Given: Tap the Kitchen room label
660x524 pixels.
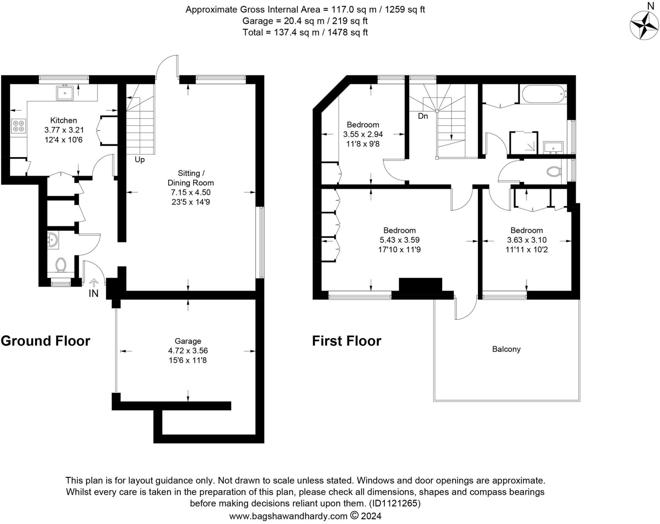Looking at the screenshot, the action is point(63,120).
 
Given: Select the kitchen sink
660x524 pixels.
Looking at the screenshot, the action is point(65,93).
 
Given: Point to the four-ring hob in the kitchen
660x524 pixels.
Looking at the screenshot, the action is point(18,126).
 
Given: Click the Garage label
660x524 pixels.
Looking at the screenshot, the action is point(188,341).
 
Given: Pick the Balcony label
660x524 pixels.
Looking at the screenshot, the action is point(506,349).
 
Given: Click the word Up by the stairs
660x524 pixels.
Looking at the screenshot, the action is point(140,160).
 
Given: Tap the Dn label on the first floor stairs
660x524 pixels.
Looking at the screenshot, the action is point(423,116).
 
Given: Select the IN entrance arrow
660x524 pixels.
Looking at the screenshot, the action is point(94,283).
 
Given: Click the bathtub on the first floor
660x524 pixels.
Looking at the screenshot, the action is point(544,94).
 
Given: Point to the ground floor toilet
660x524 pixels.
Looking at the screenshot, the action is point(61,265).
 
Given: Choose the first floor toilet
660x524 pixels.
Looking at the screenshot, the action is point(554,171).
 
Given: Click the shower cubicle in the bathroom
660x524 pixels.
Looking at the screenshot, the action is point(524,142).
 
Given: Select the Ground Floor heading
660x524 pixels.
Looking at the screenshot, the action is point(45,341).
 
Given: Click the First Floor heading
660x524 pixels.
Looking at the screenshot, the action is point(346,341).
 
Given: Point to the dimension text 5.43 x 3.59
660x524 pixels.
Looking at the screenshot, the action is point(399,240).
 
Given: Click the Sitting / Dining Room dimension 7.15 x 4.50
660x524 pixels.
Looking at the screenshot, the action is point(190,193).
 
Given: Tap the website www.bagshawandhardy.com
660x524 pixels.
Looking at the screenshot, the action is point(288,516).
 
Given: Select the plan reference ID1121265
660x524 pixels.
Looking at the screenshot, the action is point(395,503).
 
